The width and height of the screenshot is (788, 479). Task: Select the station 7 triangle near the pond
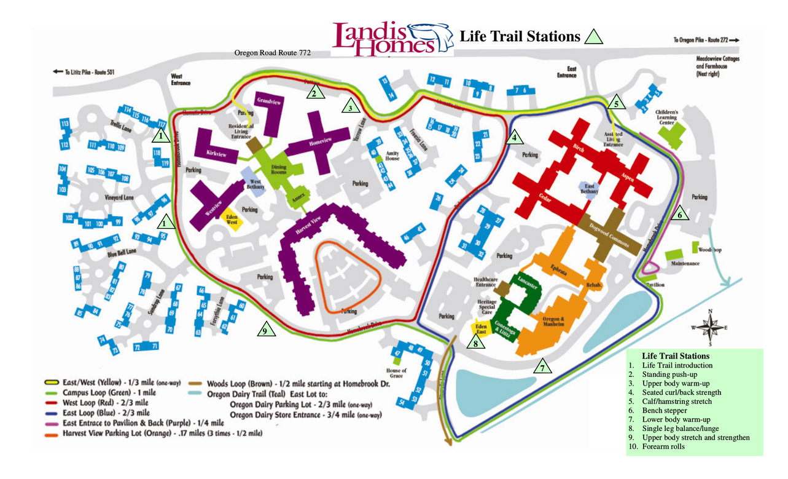542,368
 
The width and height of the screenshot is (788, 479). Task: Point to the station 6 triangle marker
680,215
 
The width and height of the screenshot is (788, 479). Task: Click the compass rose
710,327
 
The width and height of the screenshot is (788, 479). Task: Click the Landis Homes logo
392,38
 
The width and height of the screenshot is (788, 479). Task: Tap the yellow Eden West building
232,220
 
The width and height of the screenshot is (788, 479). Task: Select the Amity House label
392,156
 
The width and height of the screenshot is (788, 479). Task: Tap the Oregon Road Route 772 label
272,53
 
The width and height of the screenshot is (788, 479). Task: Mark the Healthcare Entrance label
485,282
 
